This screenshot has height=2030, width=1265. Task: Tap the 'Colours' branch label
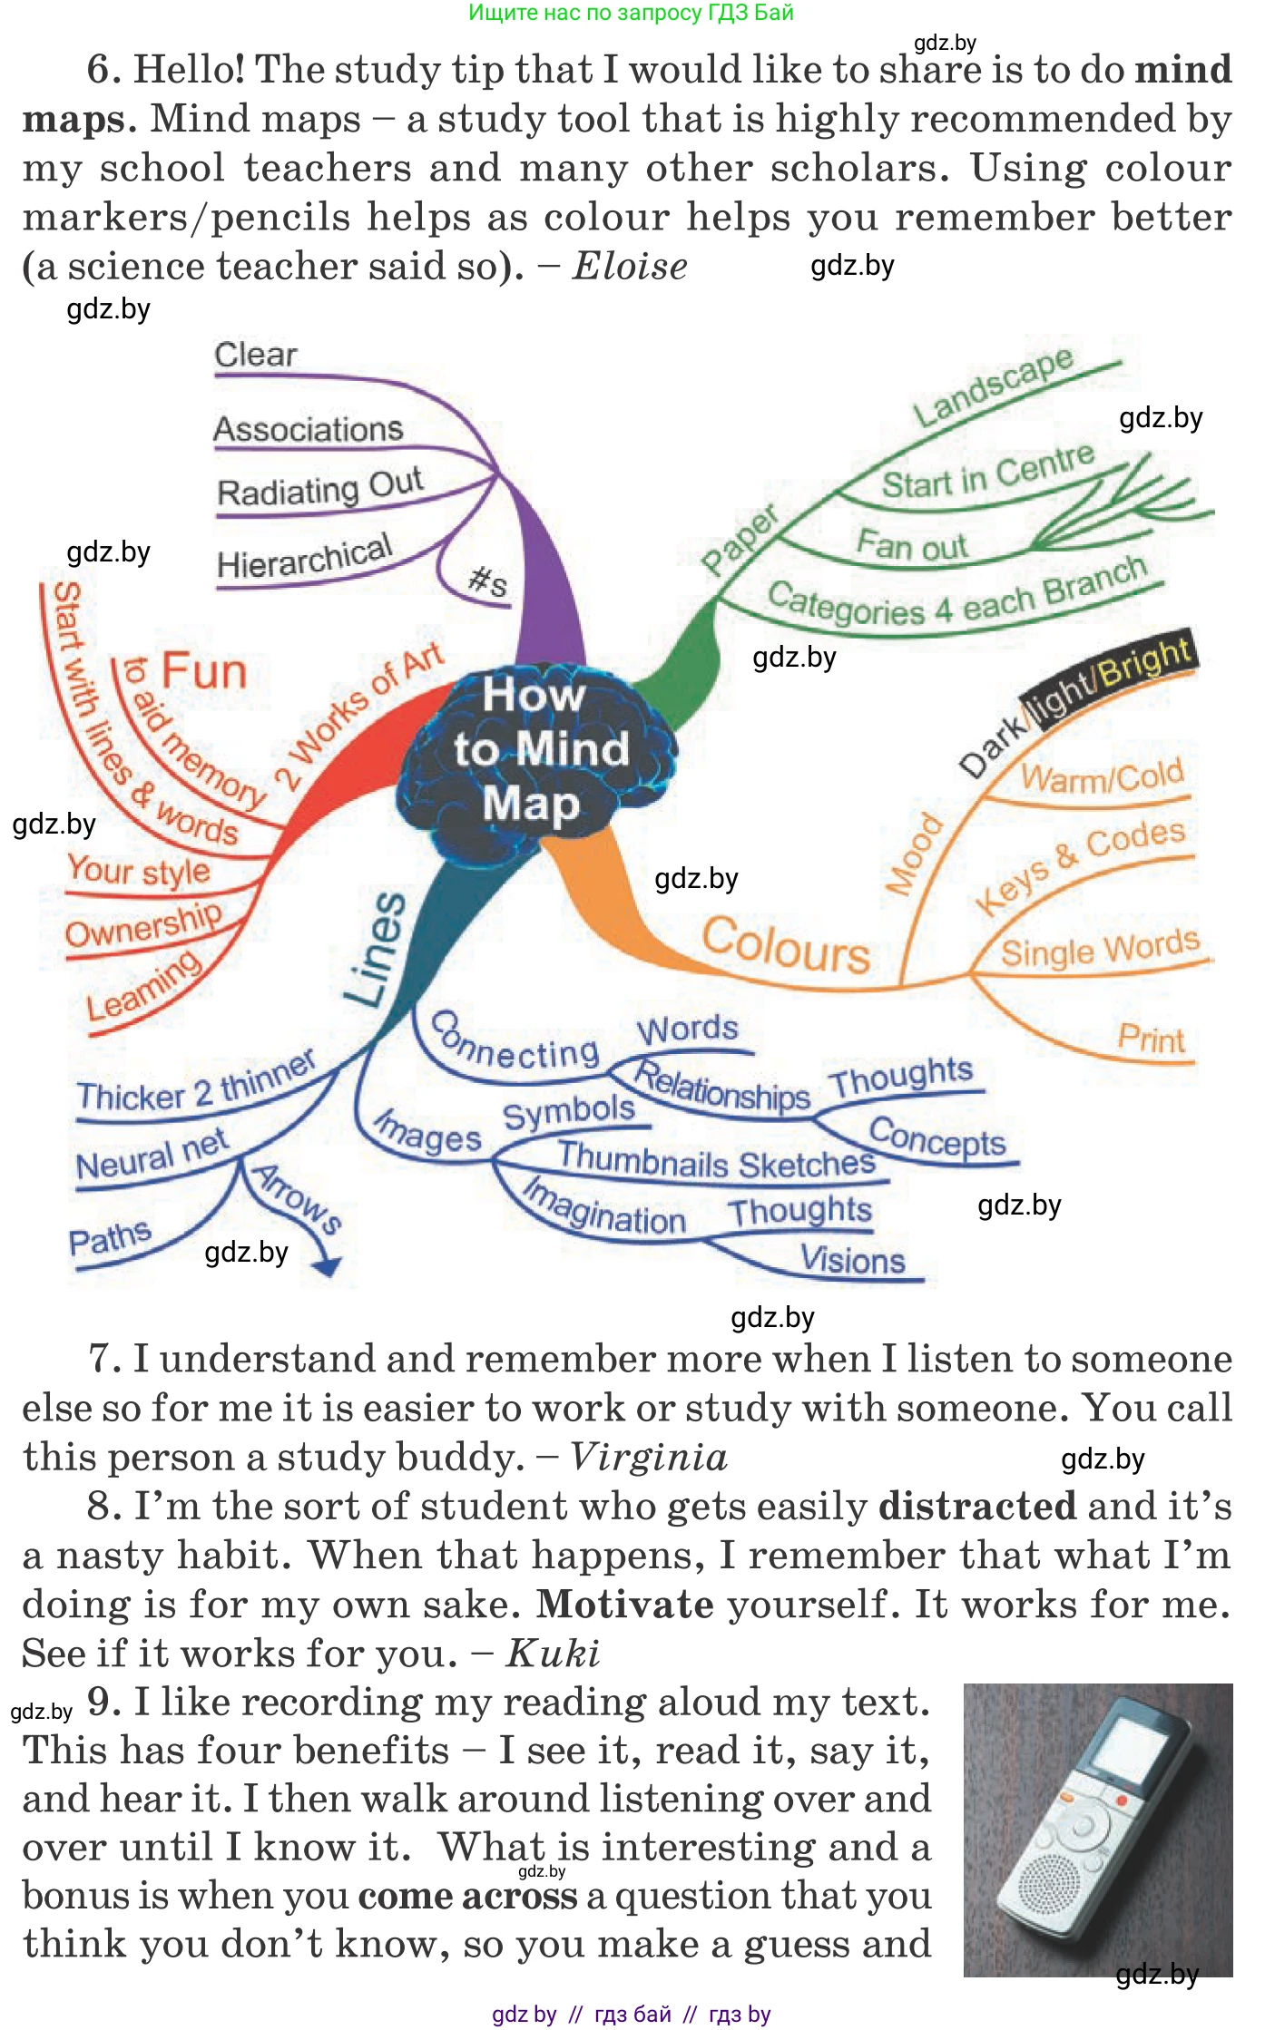(x=786, y=946)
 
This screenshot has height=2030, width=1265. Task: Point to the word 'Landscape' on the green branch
(x=994, y=386)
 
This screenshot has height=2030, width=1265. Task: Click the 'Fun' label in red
(x=204, y=672)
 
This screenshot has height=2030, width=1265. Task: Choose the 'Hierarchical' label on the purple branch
(x=305, y=557)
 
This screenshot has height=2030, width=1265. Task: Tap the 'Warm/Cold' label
(x=1102, y=776)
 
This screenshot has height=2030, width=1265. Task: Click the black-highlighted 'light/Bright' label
(x=1112, y=672)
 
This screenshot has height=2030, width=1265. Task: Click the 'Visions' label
(x=853, y=1260)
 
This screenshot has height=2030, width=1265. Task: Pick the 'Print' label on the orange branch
(x=1151, y=1039)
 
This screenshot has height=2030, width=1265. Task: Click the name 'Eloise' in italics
(x=630, y=267)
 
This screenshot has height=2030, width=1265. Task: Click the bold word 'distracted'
(x=976, y=1507)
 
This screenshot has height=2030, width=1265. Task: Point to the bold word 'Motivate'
(x=624, y=1605)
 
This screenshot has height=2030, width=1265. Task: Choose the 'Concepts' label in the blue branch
(x=937, y=1138)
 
